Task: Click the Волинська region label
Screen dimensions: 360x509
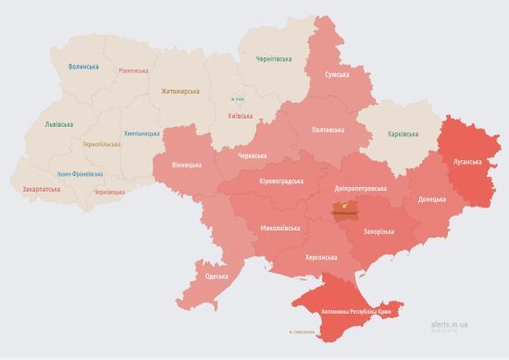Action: (x=85, y=67)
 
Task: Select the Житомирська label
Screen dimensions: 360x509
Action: (x=180, y=91)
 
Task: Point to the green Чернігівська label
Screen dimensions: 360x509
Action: (x=275, y=59)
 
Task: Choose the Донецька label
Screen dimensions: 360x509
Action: (x=431, y=199)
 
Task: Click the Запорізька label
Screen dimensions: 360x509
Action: (x=379, y=230)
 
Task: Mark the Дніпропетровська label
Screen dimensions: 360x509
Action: (x=360, y=188)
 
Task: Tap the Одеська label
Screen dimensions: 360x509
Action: (x=217, y=277)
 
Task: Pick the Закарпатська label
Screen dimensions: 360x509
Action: (x=42, y=189)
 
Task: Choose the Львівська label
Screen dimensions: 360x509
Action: (x=60, y=125)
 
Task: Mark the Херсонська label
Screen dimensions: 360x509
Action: (x=319, y=257)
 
